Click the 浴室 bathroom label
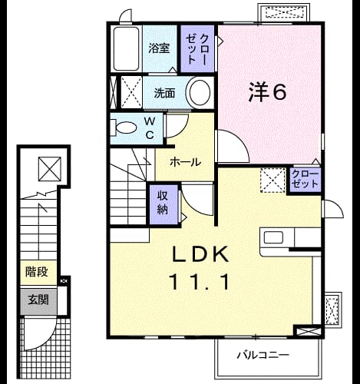click(x=159, y=48)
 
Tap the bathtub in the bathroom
click(x=126, y=48)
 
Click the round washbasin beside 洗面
click(x=200, y=92)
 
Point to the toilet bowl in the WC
click(x=125, y=127)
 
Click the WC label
click(x=150, y=127)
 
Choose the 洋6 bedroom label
click(x=267, y=92)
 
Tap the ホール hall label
click(x=186, y=162)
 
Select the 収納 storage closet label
click(x=163, y=203)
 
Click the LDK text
click(x=200, y=253)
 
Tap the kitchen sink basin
click(x=273, y=237)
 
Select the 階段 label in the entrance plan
click(x=36, y=272)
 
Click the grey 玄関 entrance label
click(x=38, y=300)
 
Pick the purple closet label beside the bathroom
click(x=197, y=48)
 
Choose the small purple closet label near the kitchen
click(x=305, y=179)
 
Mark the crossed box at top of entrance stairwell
click(x=50, y=169)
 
